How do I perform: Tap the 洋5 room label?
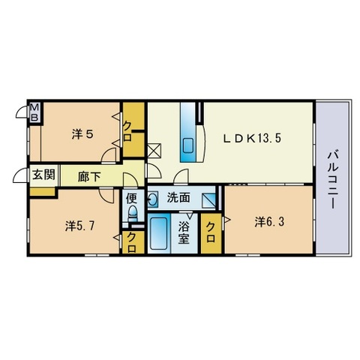[x=82, y=135]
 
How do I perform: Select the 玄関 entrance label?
[x=43, y=175]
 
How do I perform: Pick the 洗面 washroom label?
[x=178, y=199]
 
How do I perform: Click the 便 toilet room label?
[x=131, y=199]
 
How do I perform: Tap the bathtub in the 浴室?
[x=159, y=234]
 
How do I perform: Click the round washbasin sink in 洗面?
[x=153, y=199]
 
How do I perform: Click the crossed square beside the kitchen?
[x=154, y=149]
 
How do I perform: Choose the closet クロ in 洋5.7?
[x=132, y=242]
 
